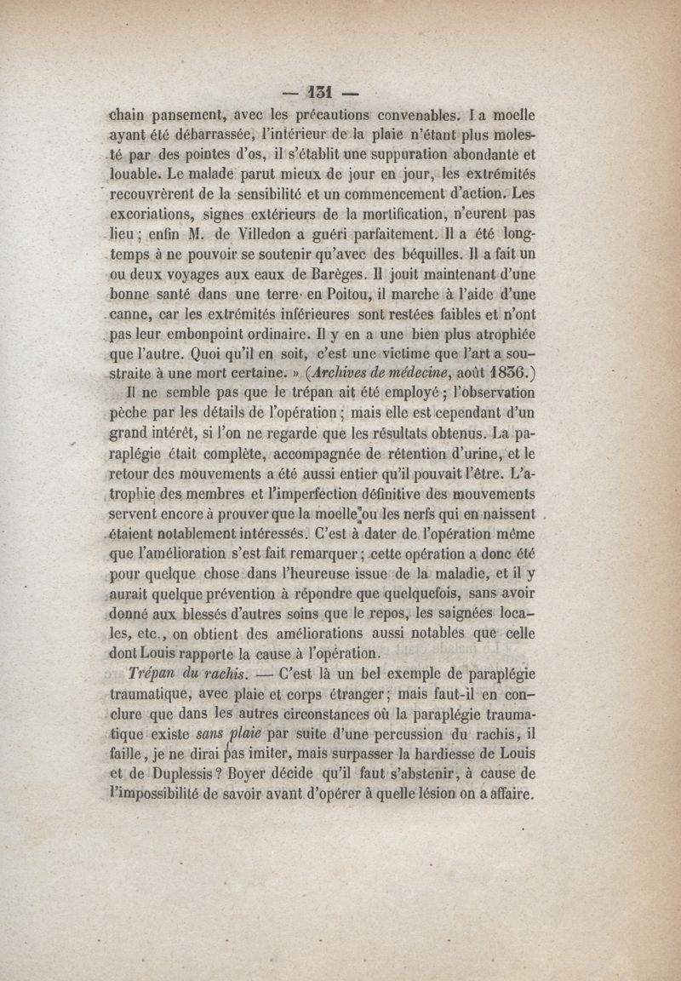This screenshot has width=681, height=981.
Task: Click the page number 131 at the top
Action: pyautogui.click(x=323, y=92)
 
